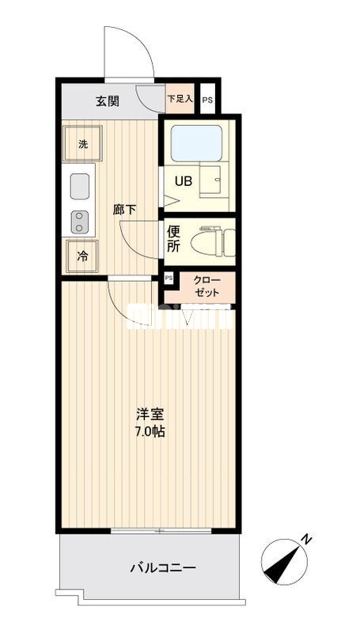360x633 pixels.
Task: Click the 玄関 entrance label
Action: tap(108, 100)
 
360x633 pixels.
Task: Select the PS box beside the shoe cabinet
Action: tap(207, 100)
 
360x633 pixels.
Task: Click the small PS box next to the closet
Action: tap(169, 279)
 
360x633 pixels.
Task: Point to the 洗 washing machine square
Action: tap(82, 144)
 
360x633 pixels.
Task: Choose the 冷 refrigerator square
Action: tap(82, 256)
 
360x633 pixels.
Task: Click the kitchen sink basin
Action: tap(80, 187)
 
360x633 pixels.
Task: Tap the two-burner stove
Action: tap(79, 222)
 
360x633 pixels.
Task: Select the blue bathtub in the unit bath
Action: tap(199, 143)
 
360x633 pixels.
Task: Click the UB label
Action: tap(183, 180)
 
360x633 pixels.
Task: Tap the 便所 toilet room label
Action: tap(174, 239)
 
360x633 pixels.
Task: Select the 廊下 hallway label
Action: tap(124, 210)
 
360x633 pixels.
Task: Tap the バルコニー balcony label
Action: tap(162, 567)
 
